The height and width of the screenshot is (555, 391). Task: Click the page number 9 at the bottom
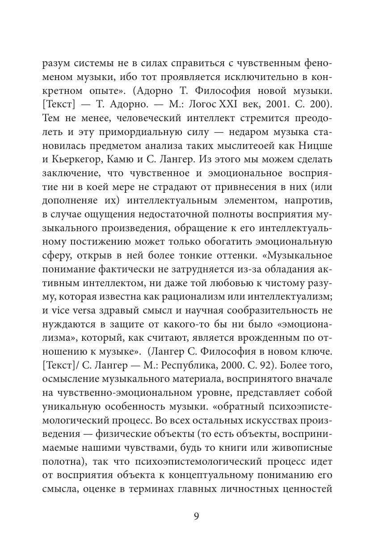[196, 517]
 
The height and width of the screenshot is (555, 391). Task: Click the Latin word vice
[59, 311]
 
